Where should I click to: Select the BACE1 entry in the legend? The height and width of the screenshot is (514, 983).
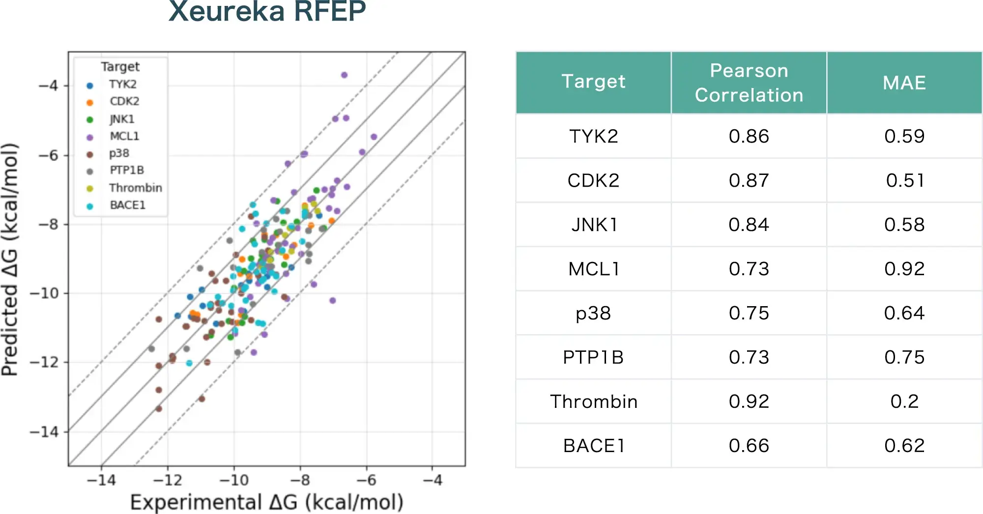pos(127,205)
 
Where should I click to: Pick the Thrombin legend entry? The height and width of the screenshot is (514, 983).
pos(135,188)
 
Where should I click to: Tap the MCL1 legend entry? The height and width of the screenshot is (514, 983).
pos(124,136)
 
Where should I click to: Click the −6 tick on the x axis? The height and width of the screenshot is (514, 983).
pos(366,480)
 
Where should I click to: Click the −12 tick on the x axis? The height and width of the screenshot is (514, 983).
pos(168,480)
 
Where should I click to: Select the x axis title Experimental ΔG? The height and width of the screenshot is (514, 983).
pos(266,502)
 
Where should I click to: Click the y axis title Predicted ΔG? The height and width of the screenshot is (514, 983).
pos(11,259)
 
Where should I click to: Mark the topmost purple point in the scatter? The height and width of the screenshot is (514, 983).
pos(344,75)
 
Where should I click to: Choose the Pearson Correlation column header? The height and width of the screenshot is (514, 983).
pos(749,83)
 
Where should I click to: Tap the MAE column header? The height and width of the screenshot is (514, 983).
pos(904,83)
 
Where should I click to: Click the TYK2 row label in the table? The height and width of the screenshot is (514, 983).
pos(593,136)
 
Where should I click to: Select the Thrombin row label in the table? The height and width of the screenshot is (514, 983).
pos(593,401)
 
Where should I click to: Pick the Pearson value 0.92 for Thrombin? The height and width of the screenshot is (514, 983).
pos(749,401)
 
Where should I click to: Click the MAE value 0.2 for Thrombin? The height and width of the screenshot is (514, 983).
pos(904,401)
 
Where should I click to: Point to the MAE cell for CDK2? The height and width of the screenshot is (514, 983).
pos(904,180)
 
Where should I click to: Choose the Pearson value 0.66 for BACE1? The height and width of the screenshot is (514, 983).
pos(749,446)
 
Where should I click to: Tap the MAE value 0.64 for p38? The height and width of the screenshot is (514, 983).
pos(904,313)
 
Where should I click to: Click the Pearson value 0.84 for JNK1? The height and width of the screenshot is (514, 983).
pos(749,225)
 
